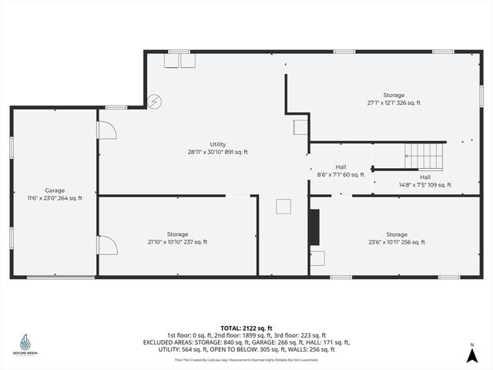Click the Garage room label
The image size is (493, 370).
(55, 194)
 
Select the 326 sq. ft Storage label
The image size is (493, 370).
(394, 99)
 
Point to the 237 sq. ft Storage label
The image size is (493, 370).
(177, 238)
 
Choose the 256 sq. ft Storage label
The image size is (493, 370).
(397, 238)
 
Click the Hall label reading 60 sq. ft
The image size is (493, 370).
(340, 171)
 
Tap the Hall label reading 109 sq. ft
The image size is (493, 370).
(425, 181)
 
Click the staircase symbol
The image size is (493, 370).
(424, 156)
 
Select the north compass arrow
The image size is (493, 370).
(471, 355)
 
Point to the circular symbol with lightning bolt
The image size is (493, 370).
(155, 100)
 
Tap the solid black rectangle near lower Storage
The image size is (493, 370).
(314, 227)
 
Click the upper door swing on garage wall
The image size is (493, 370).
(106, 130)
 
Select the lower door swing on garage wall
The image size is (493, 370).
(106, 246)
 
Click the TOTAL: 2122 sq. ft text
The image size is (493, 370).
(246, 328)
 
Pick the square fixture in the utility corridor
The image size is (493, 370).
(283, 206)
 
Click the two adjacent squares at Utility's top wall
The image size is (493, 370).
(179, 61)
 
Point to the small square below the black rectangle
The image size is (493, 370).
(317, 258)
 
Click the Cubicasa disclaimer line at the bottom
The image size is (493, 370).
(246, 359)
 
